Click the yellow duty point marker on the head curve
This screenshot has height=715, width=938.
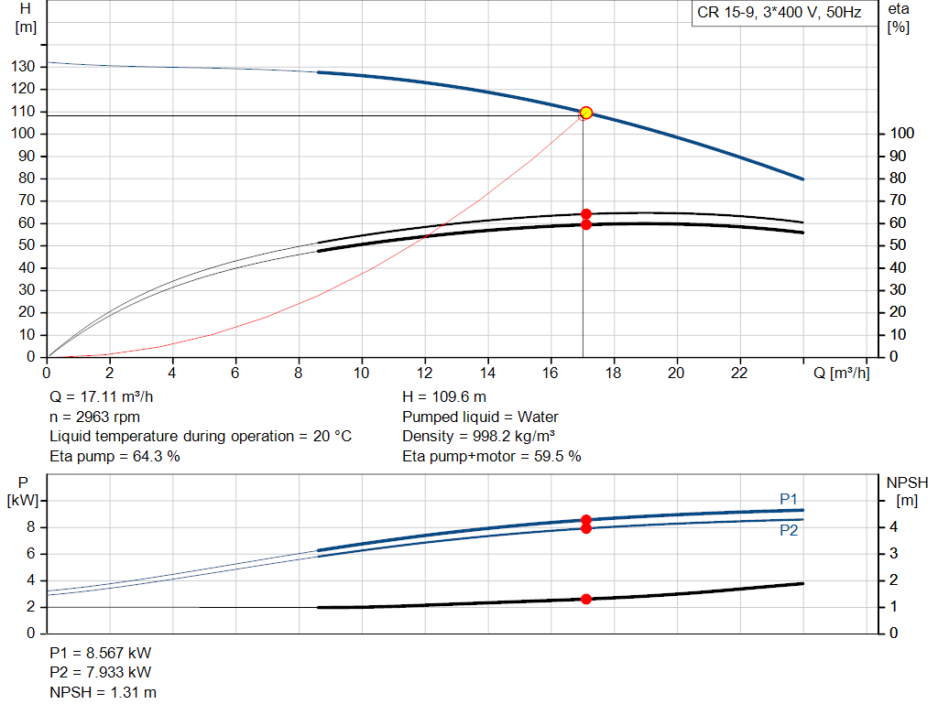click(x=586, y=113)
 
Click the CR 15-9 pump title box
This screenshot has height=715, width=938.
click(x=781, y=14)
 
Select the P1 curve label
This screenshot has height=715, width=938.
click(x=789, y=498)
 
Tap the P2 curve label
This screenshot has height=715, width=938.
click(x=789, y=530)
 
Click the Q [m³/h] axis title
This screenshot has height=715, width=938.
click(x=841, y=373)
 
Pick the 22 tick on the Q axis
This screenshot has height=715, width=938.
click(x=740, y=373)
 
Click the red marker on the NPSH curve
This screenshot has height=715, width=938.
click(x=586, y=599)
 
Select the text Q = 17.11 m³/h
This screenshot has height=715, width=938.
click(x=101, y=397)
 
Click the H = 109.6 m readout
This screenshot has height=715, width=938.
click(x=444, y=397)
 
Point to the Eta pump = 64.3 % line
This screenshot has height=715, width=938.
click(x=115, y=455)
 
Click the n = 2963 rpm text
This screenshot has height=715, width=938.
click(x=94, y=417)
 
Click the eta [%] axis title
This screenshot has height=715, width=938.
click(x=898, y=17)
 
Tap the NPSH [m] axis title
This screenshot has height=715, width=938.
click(x=907, y=490)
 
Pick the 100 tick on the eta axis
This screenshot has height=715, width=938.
click(x=902, y=134)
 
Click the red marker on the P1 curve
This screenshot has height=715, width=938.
click(x=586, y=520)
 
